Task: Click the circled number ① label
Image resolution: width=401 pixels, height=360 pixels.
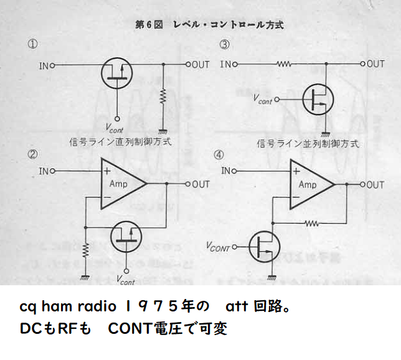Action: (32, 44)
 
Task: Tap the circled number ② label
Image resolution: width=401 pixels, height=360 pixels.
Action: (32, 154)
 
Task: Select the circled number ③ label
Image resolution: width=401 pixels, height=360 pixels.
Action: (224, 44)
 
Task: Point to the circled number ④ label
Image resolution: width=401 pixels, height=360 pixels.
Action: (219, 154)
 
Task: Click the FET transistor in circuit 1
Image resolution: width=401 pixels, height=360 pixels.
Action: (116, 73)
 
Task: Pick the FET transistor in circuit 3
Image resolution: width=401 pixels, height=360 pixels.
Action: (318, 99)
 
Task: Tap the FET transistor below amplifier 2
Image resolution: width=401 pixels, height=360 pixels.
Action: (126, 237)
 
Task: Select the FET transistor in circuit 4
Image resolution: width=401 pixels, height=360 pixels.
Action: (265, 247)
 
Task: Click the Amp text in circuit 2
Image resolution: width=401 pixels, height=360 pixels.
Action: (118, 184)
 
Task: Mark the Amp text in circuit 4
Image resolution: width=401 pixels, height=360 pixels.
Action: (308, 184)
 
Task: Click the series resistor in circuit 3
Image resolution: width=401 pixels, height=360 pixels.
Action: (284, 64)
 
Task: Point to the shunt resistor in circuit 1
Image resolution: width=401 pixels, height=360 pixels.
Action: (163, 97)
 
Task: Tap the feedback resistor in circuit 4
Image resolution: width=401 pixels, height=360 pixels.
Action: (312, 224)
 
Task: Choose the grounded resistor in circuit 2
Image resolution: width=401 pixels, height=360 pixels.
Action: (85, 251)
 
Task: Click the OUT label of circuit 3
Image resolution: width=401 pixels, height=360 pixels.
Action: (375, 64)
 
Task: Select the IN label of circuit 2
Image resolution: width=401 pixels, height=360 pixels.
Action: (44, 171)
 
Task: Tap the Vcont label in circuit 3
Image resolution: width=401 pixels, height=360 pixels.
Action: (263, 100)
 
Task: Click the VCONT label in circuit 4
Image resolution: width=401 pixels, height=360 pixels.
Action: (218, 247)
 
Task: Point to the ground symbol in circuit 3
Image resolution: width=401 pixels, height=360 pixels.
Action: (325, 133)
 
